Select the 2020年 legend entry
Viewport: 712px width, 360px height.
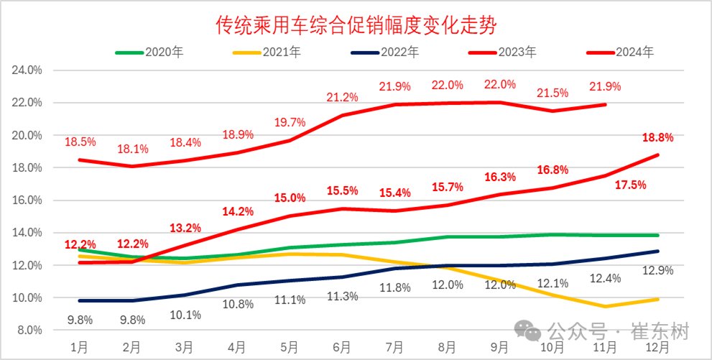[162, 52]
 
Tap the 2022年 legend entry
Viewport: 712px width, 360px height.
[399, 52]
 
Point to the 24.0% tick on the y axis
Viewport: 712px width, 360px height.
[27, 70]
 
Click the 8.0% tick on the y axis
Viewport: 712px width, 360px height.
[29, 330]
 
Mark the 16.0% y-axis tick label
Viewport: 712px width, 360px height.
[27, 200]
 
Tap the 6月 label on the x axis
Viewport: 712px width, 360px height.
[342, 348]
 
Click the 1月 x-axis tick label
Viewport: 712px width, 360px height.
[80, 348]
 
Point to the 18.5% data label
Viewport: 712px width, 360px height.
[80, 141]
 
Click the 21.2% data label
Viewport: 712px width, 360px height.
[342, 97]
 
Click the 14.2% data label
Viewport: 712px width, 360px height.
[238, 212]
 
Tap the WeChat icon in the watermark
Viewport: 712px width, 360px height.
[532, 332]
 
